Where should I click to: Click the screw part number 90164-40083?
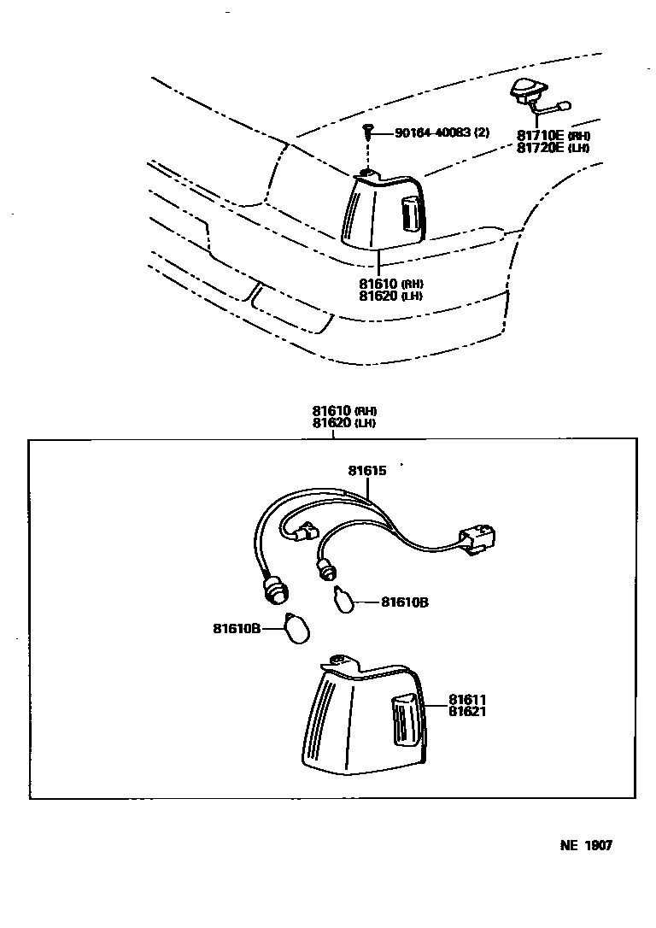tap(442, 132)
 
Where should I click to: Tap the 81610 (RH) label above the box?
tap(344, 411)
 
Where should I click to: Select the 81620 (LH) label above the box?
tap(344, 422)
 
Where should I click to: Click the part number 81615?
tap(367, 470)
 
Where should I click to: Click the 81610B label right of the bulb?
tap(404, 602)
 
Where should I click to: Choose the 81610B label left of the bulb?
tap(237, 629)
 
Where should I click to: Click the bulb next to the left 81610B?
tap(299, 631)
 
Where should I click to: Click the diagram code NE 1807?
tap(586, 846)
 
